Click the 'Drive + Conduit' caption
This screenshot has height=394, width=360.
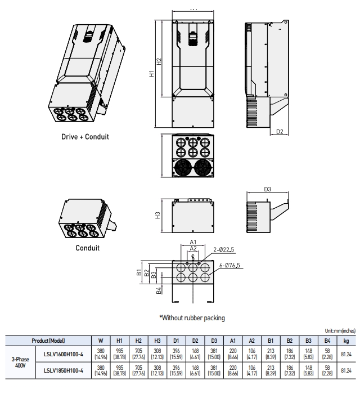(85, 136)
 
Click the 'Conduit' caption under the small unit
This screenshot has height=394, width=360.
(87, 248)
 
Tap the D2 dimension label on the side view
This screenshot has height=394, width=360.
(280, 132)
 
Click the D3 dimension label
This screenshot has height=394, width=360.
(268, 189)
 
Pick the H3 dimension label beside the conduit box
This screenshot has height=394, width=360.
(158, 215)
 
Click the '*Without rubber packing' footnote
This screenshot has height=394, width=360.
(192, 317)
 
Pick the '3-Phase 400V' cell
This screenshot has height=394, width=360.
(20, 361)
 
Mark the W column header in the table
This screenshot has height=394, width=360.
(101, 341)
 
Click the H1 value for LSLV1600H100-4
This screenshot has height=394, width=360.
(119, 353)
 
